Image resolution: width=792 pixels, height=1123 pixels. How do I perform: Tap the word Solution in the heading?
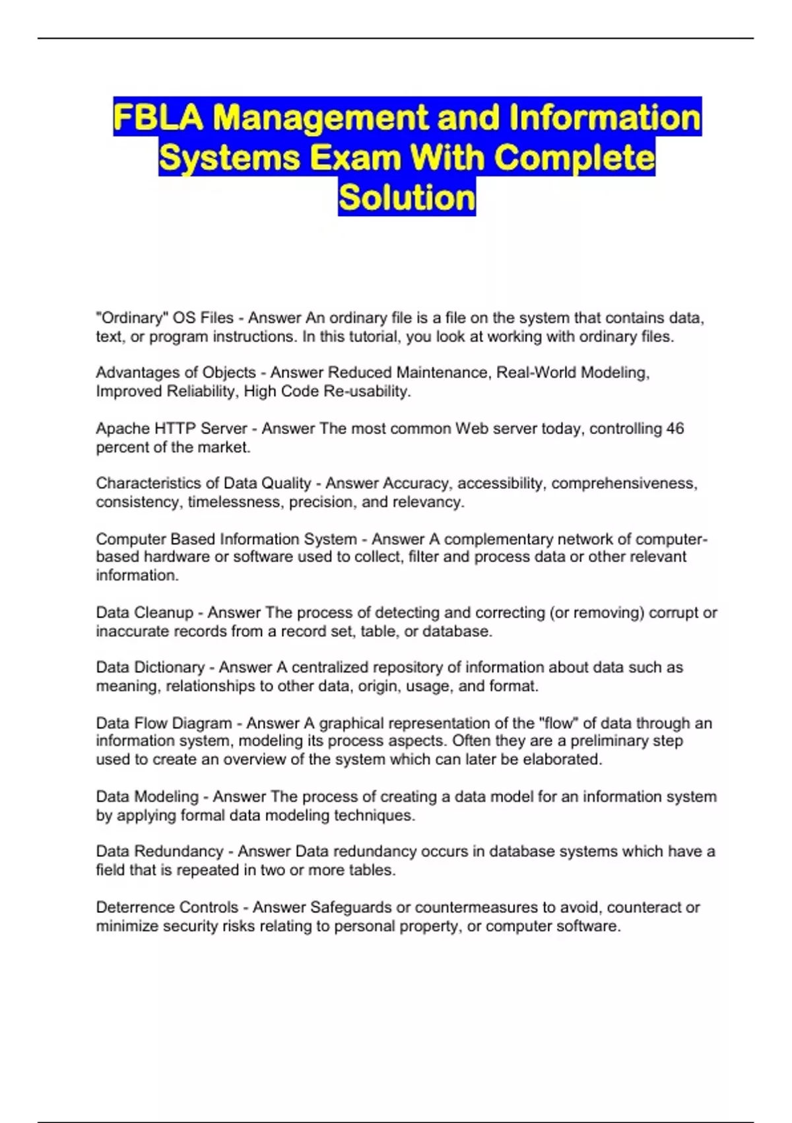[x=407, y=198]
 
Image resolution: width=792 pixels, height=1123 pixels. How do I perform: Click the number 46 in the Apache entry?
[x=675, y=429]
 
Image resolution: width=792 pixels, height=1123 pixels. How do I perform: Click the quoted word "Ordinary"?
[x=131, y=318]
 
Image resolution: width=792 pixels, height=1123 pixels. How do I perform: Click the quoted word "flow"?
[x=558, y=723]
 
